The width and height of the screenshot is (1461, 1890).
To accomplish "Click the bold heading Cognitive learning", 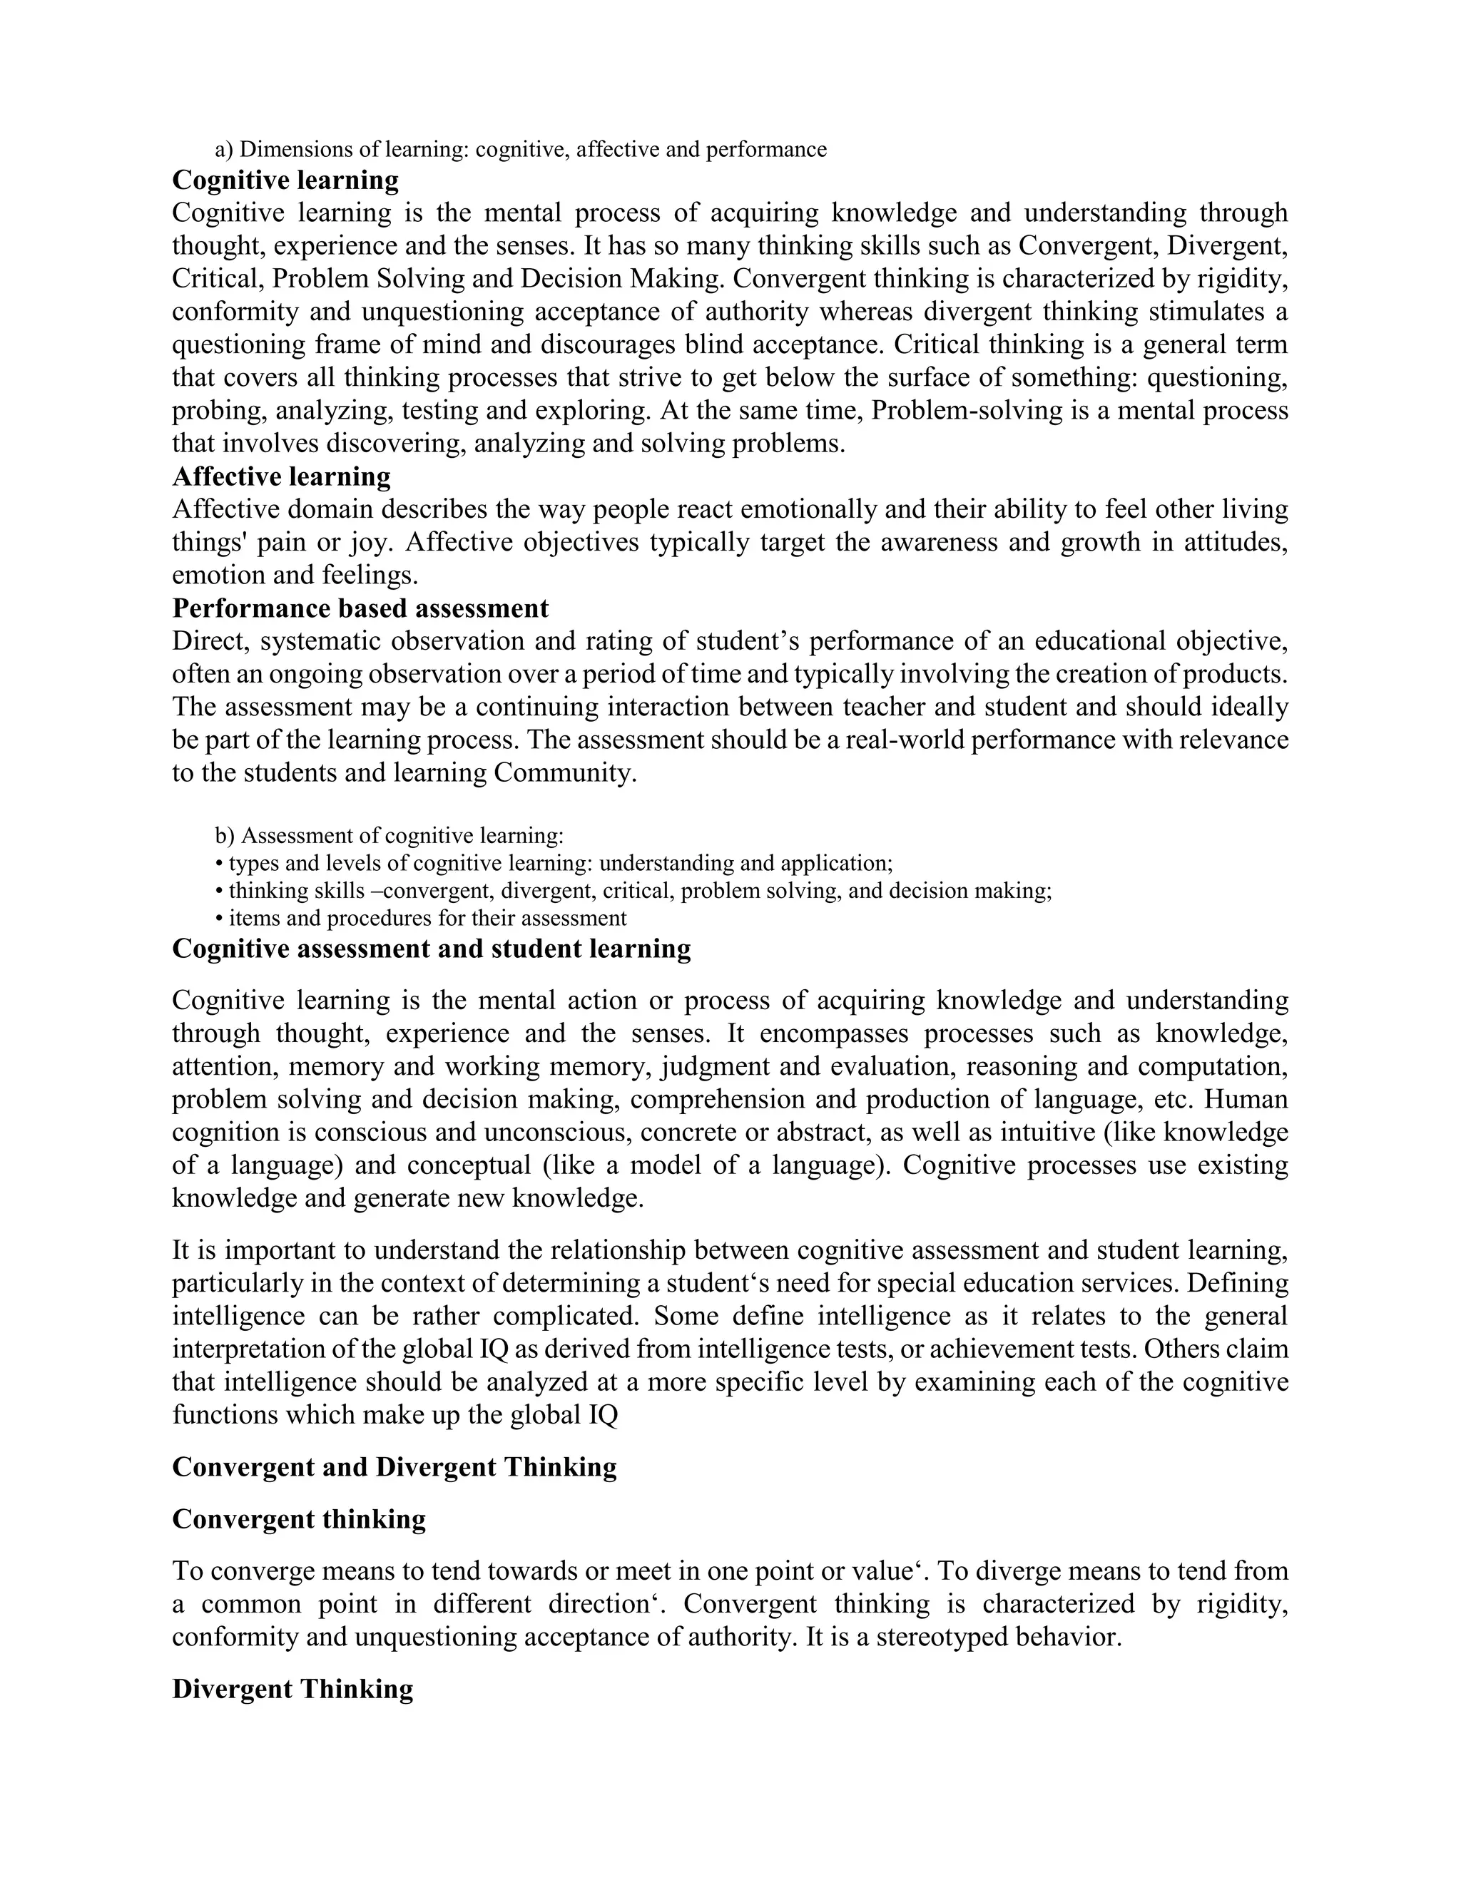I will pyautogui.click(x=285, y=181).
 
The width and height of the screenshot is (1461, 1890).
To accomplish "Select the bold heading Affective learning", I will pyautogui.click(x=281, y=477).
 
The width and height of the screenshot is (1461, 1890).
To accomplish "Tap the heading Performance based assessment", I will pyautogui.click(x=360, y=608).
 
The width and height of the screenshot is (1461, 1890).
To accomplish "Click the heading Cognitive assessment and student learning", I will pyautogui.click(x=431, y=949).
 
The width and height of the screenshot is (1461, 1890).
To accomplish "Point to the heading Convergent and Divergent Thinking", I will pyautogui.click(x=394, y=1467).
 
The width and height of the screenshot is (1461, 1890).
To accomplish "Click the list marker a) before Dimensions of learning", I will pyautogui.click(x=224, y=150).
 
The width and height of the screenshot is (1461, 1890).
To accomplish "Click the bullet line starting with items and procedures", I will pyautogui.click(x=421, y=918).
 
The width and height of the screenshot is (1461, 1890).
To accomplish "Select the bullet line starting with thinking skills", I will pyautogui.click(x=633, y=891).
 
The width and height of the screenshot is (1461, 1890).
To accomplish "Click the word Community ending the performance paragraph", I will pyautogui.click(x=564, y=773).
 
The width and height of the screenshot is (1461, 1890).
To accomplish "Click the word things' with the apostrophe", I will pyautogui.click(x=199, y=543).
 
